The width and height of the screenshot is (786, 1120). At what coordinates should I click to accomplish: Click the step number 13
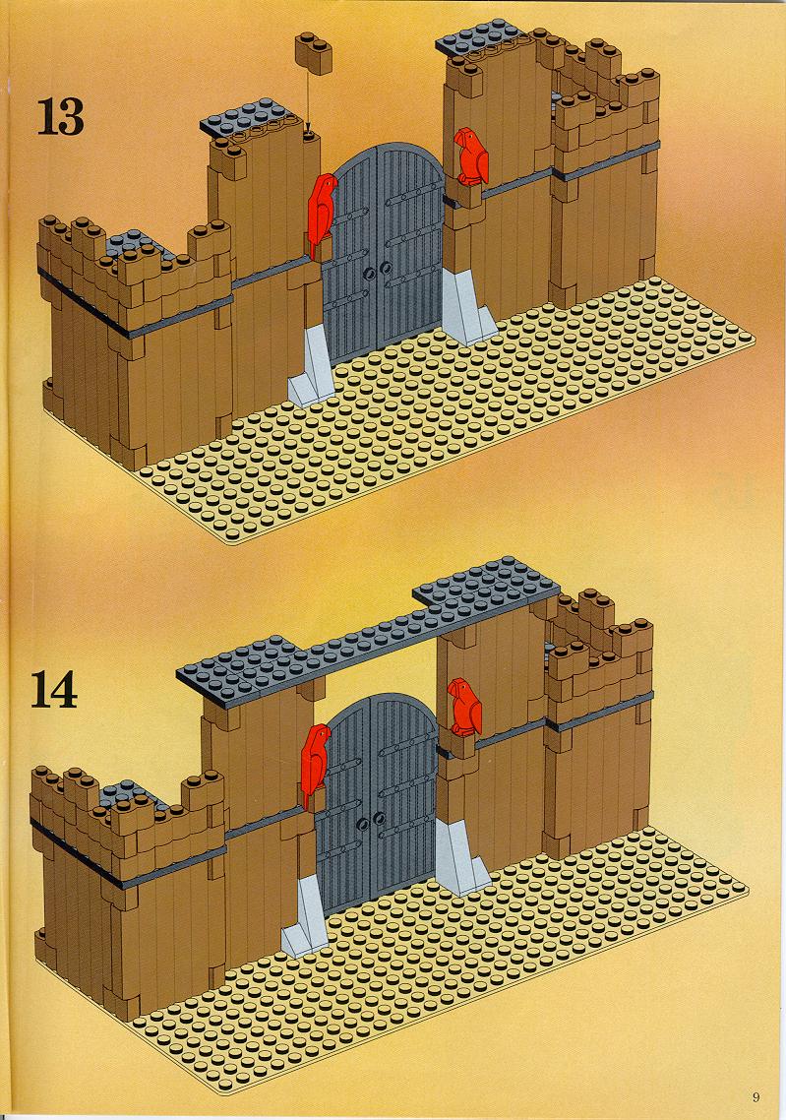[x=60, y=116]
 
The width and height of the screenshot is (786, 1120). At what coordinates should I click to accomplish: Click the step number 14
[x=53, y=690]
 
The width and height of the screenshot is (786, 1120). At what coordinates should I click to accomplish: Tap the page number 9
[x=756, y=1097]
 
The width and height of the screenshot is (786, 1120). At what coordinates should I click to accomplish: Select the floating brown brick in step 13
[x=314, y=52]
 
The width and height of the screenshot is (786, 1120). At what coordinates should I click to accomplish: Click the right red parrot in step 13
[x=471, y=157]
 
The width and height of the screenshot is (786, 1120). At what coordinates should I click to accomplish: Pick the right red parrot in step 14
[x=464, y=708]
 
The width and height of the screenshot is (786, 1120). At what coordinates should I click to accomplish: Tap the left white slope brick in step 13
[x=312, y=364]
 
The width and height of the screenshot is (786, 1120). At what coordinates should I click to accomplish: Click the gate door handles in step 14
[x=371, y=822]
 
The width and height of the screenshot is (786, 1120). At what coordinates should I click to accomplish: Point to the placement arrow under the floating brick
[x=309, y=101]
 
